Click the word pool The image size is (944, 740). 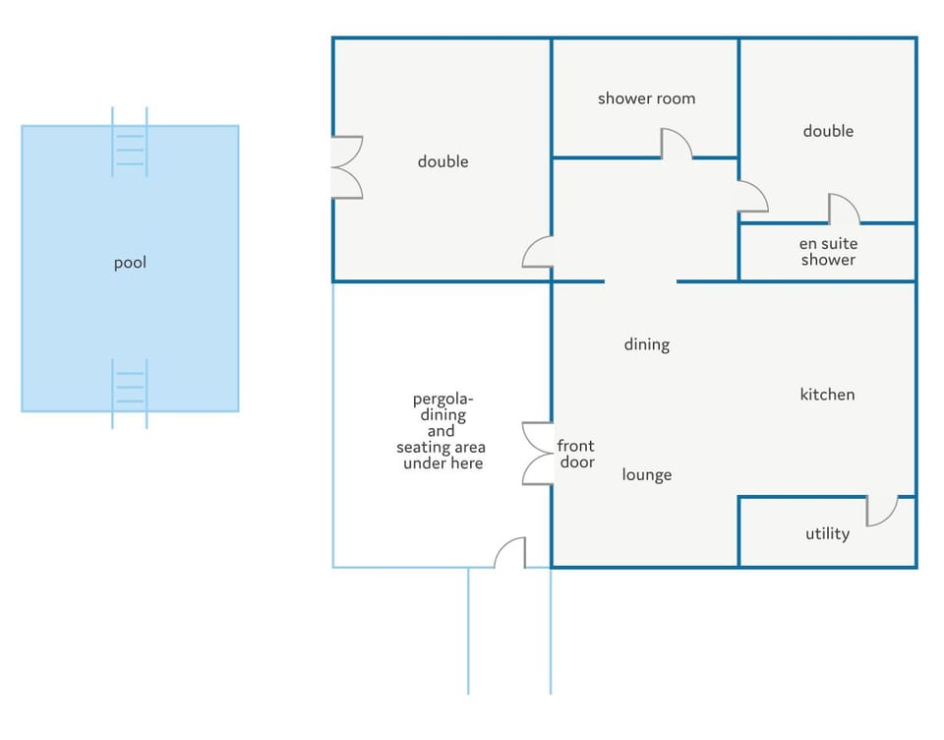pyautogui.click(x=130, y=263)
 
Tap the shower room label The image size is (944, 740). pyautogui.click(x=647, y=98)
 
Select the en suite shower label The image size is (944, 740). pyautogui.click(x=828, y=251)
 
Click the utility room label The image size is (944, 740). pyautogui.click(x=828, y=534)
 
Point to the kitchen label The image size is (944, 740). pyautogui.click(x=827, y=394)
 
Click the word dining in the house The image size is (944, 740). pyautogui.click(x=647, y=344)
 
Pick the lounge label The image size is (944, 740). pyautogui.click(x=647, y=475)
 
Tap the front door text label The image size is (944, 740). pyautogui.click(x=576, y=454)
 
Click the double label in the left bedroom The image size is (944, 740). pyautogui.click(x=443, y=161)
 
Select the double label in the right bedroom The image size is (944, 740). pyautogui.click(x=828, y=131)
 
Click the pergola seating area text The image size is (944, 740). pyautogui.click(x=442, y=431)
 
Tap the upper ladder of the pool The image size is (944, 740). pyautogui.click(x=130, y=143)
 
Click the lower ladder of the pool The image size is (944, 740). pyautogui.click(x=130, y=394)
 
